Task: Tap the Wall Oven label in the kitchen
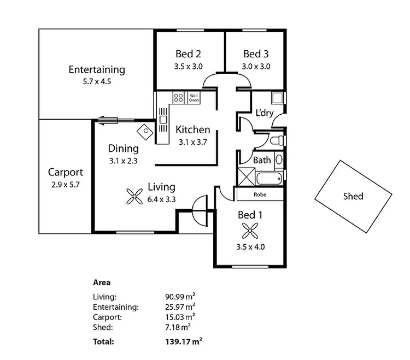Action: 194,98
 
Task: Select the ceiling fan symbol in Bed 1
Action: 250,230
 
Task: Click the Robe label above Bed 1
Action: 260,194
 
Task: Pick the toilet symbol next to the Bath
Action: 278,140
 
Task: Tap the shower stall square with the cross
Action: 245,177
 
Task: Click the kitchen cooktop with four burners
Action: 178,98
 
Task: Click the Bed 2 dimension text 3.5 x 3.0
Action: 189,67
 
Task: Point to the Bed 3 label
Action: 256,54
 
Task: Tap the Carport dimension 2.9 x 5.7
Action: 65,185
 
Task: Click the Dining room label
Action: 123,149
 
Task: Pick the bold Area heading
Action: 102,282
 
